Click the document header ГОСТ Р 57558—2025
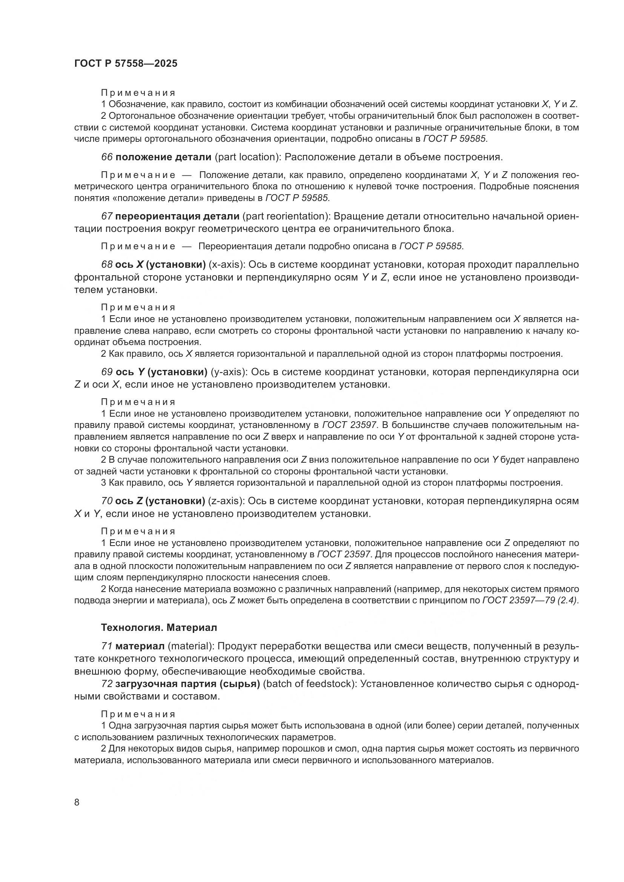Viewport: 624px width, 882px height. click(126, 64)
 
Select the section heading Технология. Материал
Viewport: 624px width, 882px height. click(159, 628)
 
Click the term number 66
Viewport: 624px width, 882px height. click(106, 157)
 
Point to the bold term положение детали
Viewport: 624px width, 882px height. click(163, 157)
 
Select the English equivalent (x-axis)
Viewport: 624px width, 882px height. click(228, 265)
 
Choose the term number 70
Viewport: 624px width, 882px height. click(106, 501)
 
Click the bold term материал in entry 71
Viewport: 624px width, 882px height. click(140, 647)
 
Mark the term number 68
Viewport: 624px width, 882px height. click(106, 265)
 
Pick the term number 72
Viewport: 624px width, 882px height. click(106, 684)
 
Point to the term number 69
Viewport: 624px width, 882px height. click(106, 372)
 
